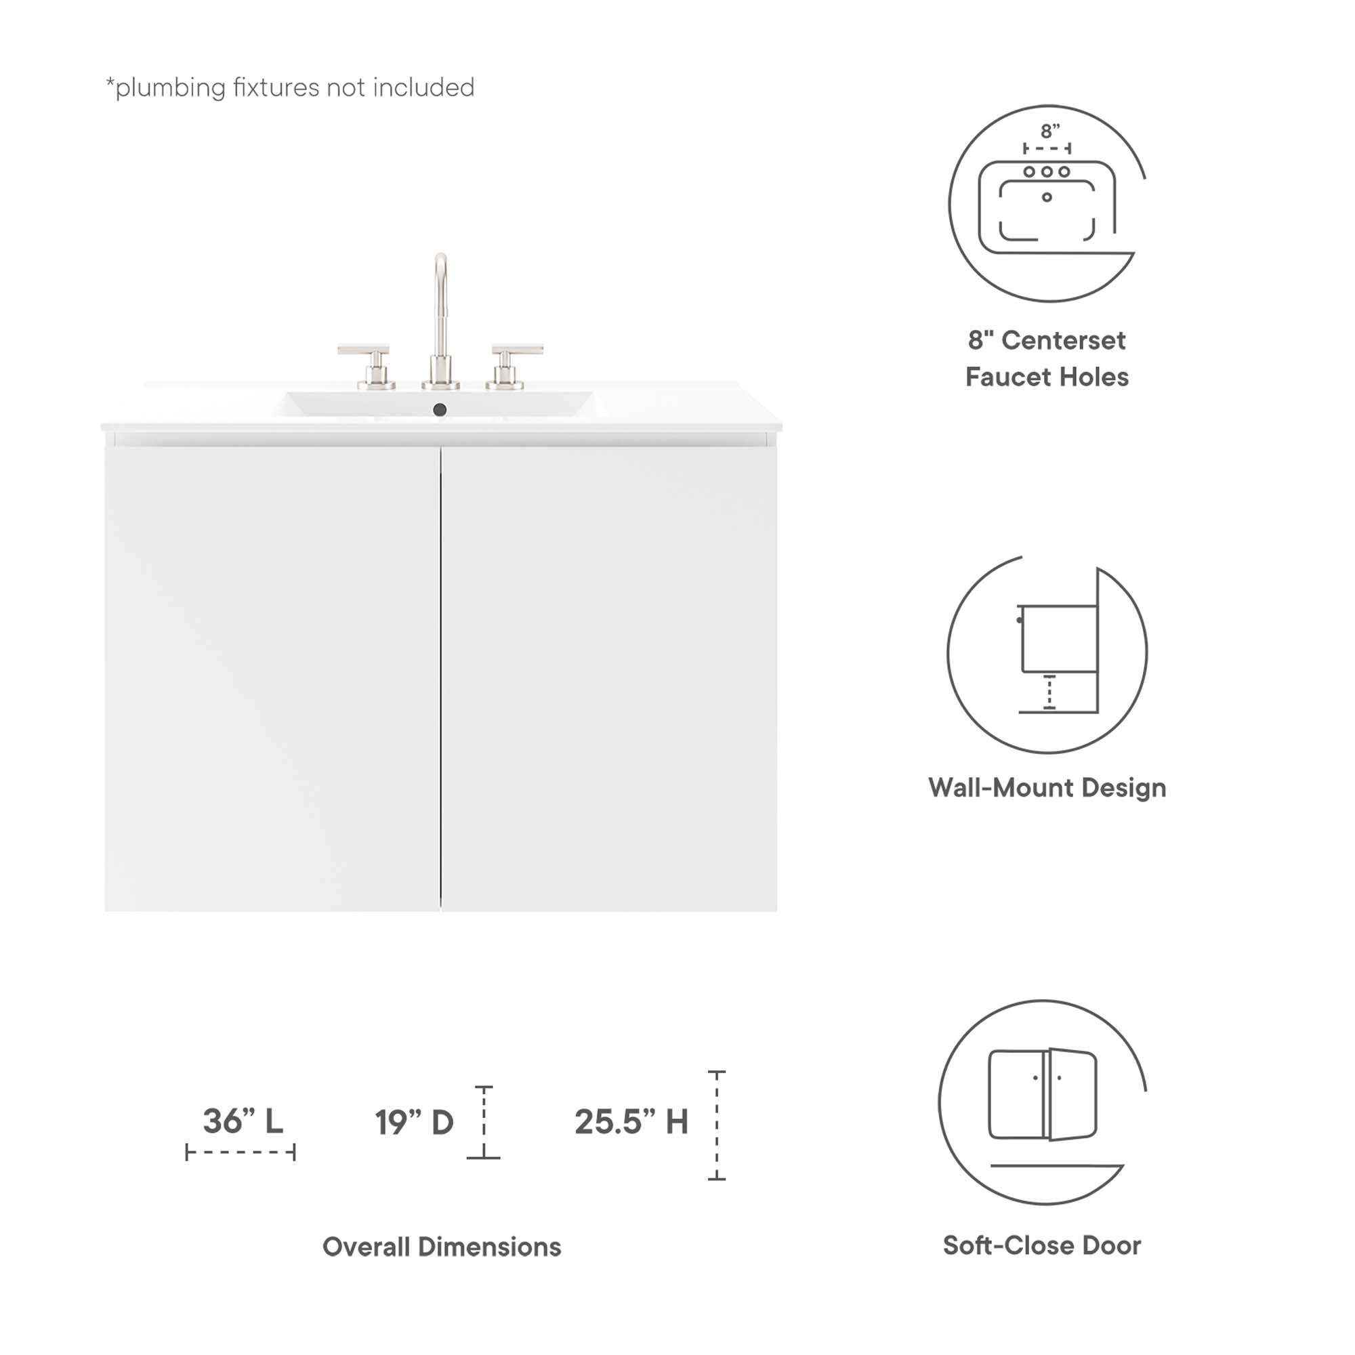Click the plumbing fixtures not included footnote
tap(290, 87)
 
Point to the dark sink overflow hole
tap(440, 410)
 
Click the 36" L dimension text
tap(243, 1121)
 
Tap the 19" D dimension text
tap(414, 1122)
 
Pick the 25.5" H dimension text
tap(631, 1121)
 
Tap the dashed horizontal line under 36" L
tap(241, 1152)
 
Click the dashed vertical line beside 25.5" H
tap(717, 1125)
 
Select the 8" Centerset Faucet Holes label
tap(1047, 358)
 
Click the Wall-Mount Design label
tap(1047, 788)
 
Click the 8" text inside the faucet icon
tap(1050, 131)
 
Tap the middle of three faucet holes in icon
tap(1047, 172)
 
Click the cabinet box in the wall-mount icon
tap(1059, 639)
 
